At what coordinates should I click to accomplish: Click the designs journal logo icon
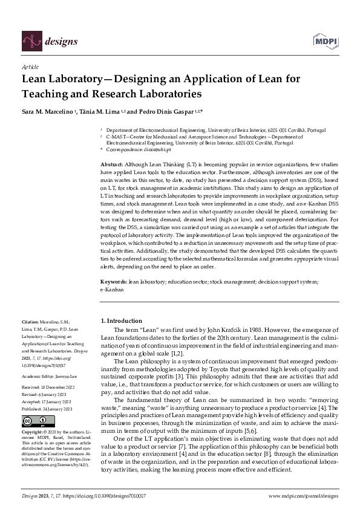(31, 41)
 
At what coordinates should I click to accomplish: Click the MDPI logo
(326, 41)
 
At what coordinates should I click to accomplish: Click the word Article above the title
(30, 68)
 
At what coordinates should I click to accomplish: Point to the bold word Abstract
(112, 164)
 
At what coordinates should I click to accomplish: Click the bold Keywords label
(113, 282)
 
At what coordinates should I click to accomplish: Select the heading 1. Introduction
(120, 320)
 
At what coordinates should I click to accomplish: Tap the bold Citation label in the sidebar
(30, 322)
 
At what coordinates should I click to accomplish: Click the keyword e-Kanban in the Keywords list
(112, 289)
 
